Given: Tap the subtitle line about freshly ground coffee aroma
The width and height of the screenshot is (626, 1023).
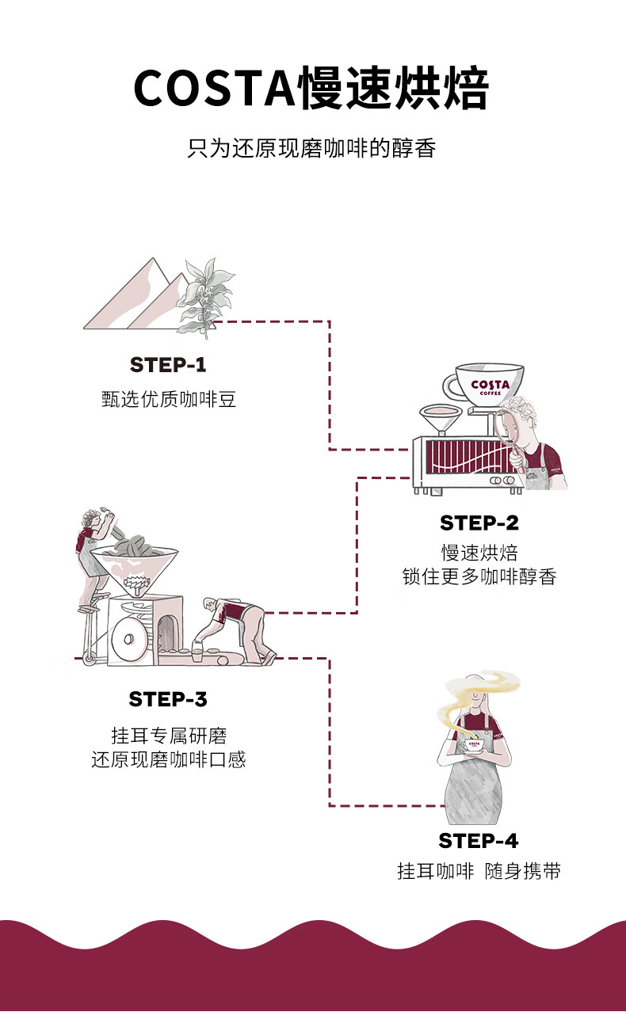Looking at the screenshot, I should (312, 148).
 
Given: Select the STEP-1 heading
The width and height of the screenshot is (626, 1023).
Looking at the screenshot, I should (167, 364).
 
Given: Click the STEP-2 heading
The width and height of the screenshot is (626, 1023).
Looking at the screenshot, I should (479, 523).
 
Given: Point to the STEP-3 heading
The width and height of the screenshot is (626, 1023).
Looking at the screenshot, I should (167, 699).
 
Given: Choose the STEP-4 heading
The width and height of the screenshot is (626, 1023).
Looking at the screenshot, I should (479, 840).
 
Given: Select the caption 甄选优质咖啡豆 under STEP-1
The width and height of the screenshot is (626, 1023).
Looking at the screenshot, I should (169, 399).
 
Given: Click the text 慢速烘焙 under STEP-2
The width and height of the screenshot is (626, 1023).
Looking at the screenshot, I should (479, 552).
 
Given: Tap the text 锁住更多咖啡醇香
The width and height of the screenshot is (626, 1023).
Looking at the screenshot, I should (479, 576).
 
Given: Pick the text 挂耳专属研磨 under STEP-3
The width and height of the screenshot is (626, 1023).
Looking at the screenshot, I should (169, 736).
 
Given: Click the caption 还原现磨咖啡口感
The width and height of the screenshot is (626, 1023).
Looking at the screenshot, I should (169, 760).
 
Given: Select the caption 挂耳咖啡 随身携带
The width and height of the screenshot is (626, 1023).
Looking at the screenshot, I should (479, 871).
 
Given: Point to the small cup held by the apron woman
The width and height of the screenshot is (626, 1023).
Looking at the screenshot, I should (475, 746).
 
